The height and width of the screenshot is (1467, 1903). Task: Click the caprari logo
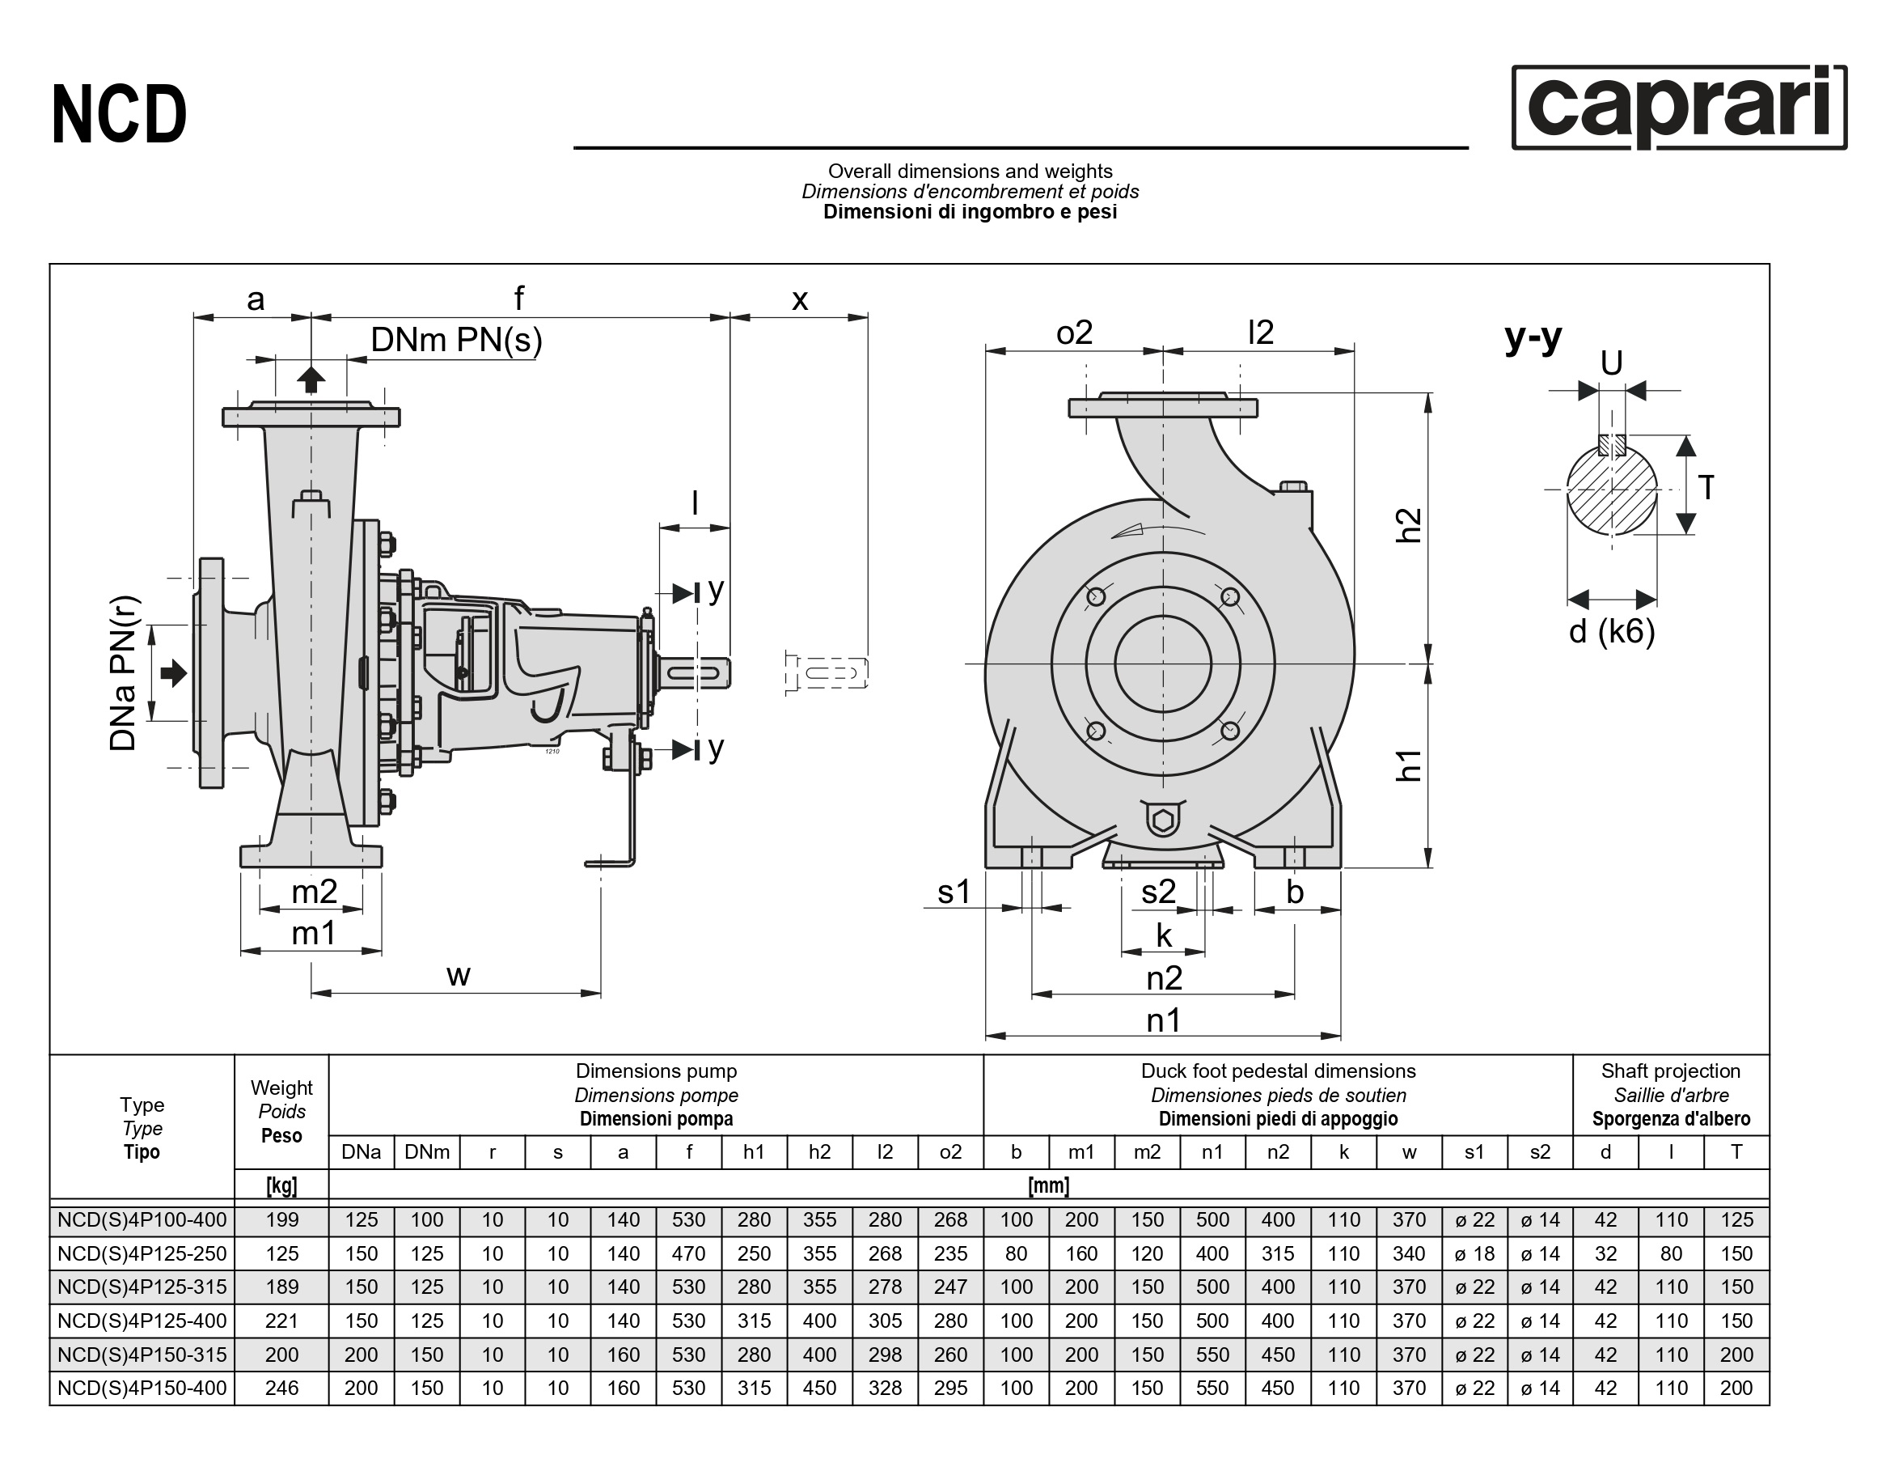(1678, 108)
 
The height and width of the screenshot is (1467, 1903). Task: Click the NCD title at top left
(120, 114)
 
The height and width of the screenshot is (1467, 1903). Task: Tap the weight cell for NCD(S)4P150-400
(281, 1388)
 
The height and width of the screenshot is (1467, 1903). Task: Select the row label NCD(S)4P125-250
(142, 1253)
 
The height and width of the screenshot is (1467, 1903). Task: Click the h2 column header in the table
(819, 1151)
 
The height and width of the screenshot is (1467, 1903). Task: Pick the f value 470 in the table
(688, 1253)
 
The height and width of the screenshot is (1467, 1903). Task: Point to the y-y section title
(1533, 337)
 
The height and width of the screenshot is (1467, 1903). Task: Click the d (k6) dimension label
(1611, 630)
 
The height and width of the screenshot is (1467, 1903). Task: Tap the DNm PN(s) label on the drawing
(455, 340)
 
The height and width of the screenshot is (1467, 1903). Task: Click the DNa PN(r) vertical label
(124, 672)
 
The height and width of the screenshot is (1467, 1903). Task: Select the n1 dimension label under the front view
(1163, 1019)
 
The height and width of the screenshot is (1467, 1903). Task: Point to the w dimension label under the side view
(459, 974)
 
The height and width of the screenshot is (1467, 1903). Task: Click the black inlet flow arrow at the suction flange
(174, 672)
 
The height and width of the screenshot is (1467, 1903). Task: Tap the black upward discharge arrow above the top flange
(311, 379)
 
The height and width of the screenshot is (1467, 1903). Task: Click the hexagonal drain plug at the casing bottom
(1162, 820)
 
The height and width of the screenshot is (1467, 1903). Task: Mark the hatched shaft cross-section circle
(1611, 489)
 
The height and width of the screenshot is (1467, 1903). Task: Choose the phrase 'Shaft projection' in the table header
(1670, 1071)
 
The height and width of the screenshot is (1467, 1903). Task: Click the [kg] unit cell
(281, 1185)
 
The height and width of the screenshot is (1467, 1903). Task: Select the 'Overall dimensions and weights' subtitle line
(970, 171)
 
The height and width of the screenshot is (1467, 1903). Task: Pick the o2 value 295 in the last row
(949, 1388)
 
